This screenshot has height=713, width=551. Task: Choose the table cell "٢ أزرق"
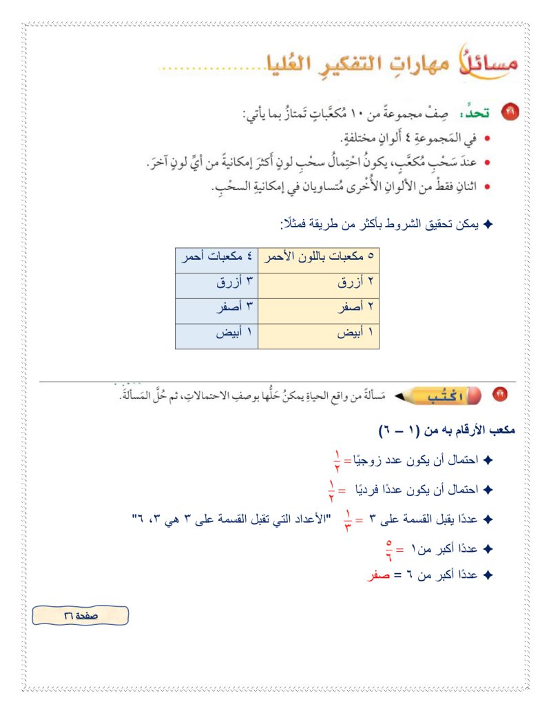[318, 284]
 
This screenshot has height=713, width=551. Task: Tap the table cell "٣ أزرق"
[216, 284]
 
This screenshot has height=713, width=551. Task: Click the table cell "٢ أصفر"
[318, 310]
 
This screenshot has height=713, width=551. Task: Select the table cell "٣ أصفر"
[216, 310]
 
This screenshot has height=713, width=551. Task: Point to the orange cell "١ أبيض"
[318, 335]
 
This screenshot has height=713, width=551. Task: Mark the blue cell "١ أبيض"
[216, 335]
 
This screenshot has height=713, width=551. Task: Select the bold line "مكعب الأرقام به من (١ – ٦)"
[447, 430]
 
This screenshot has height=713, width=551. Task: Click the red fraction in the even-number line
[337, 458]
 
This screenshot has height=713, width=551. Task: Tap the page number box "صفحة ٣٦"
[81, 615]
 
